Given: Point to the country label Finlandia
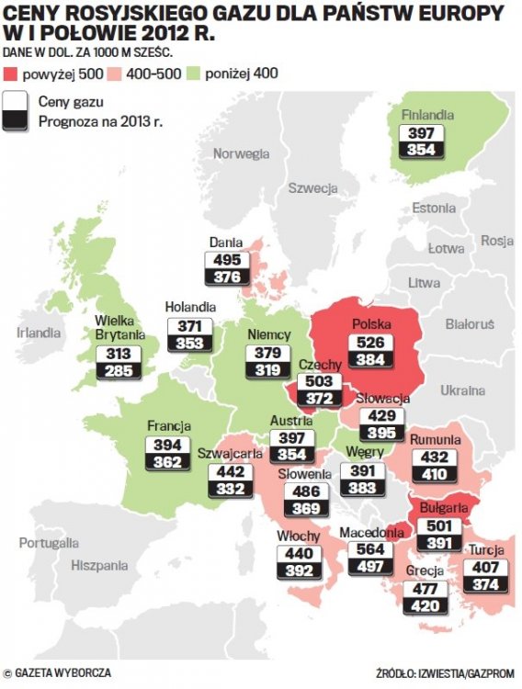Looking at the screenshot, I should (x=427, y=116).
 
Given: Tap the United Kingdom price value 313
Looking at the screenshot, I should (x=119, y=354).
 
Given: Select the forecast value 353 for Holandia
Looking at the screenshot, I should (x=190, y=344).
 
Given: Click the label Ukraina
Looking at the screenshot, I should (x=462, y=390).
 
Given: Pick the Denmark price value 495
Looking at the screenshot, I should (x=226, y=260).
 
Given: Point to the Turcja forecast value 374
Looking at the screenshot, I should (x=484, y=586).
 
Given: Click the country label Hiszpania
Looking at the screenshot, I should (x=99, y=566).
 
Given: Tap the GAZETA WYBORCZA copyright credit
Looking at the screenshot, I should (x=57, y=672).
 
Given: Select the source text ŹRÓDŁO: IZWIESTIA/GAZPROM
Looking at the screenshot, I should (x=445, y=672).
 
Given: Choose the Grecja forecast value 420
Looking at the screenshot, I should (x=425, y=606).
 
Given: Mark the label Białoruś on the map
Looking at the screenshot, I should (x=469, y=324).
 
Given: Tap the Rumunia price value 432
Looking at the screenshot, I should (x=435, y=457).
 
